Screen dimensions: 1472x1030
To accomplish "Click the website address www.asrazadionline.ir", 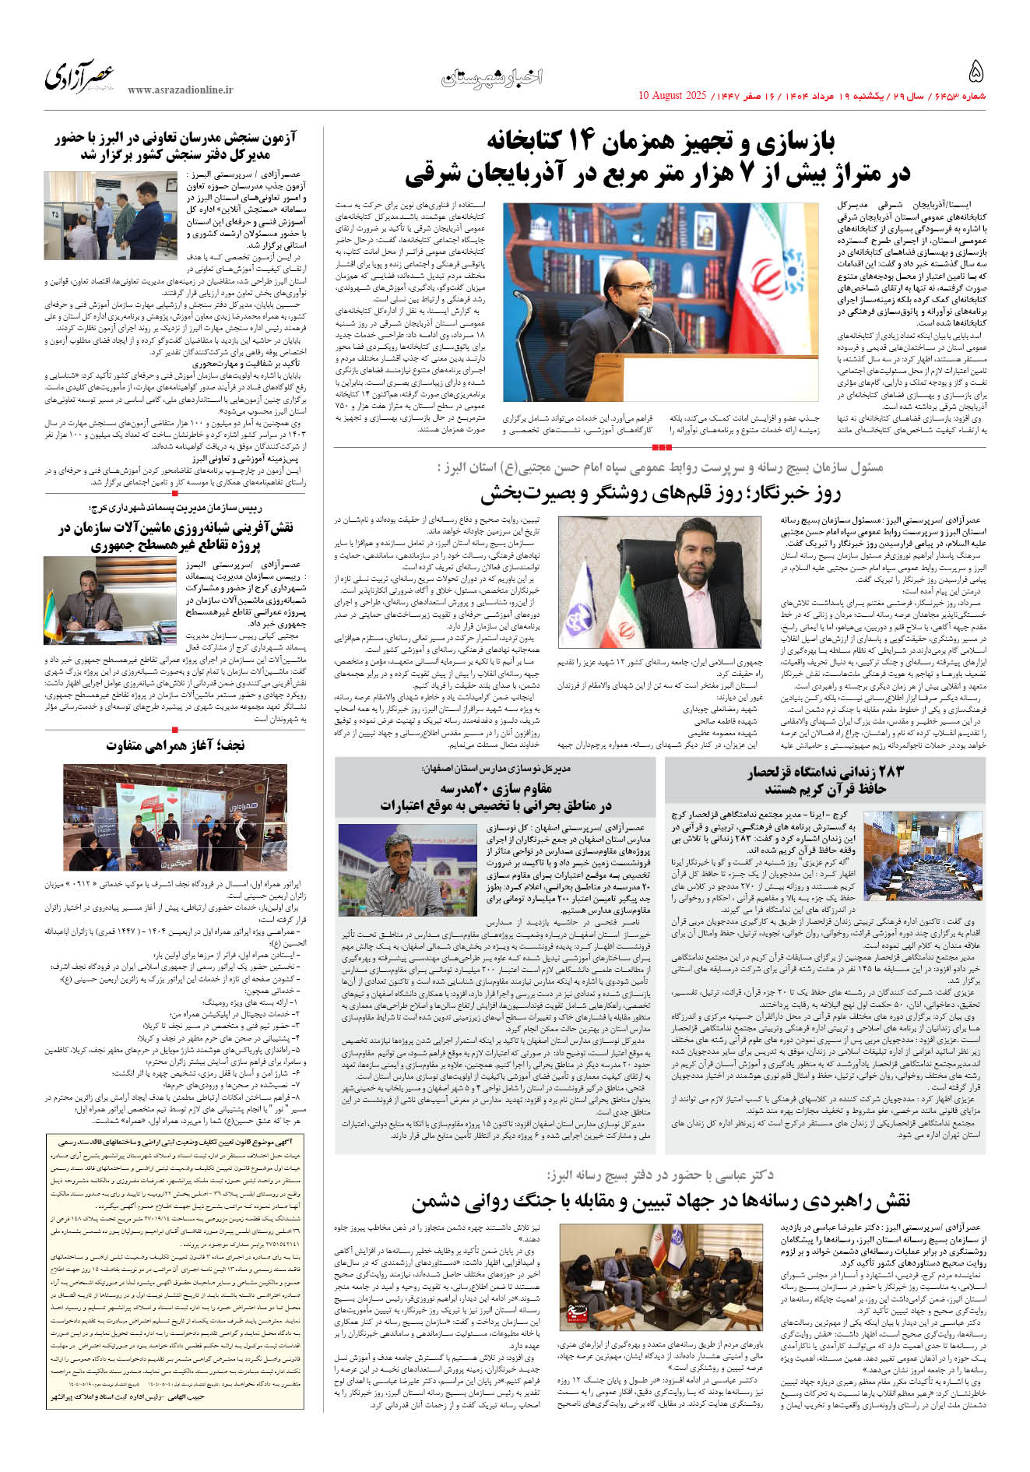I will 180,90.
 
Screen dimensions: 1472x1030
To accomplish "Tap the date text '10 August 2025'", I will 672,96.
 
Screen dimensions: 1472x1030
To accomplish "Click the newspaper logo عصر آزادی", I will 79,76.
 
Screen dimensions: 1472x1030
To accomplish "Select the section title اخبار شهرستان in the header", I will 493,77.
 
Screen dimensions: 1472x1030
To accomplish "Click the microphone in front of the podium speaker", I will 645,315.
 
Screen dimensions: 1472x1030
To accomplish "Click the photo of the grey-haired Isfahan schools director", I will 406,868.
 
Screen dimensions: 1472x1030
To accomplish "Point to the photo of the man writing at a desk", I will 110,600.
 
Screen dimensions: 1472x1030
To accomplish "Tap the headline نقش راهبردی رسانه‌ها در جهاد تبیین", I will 660,1200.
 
